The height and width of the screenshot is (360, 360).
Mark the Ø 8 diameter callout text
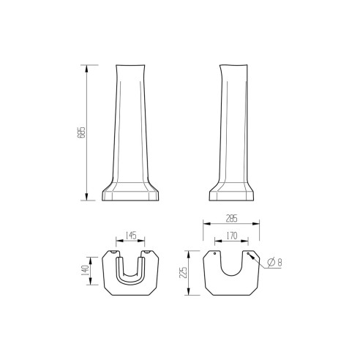click(x=274, y=262)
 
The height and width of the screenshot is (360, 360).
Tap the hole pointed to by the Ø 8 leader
click(x=248, y=255)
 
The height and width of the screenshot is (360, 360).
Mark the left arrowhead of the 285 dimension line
click(x=203, y=223)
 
